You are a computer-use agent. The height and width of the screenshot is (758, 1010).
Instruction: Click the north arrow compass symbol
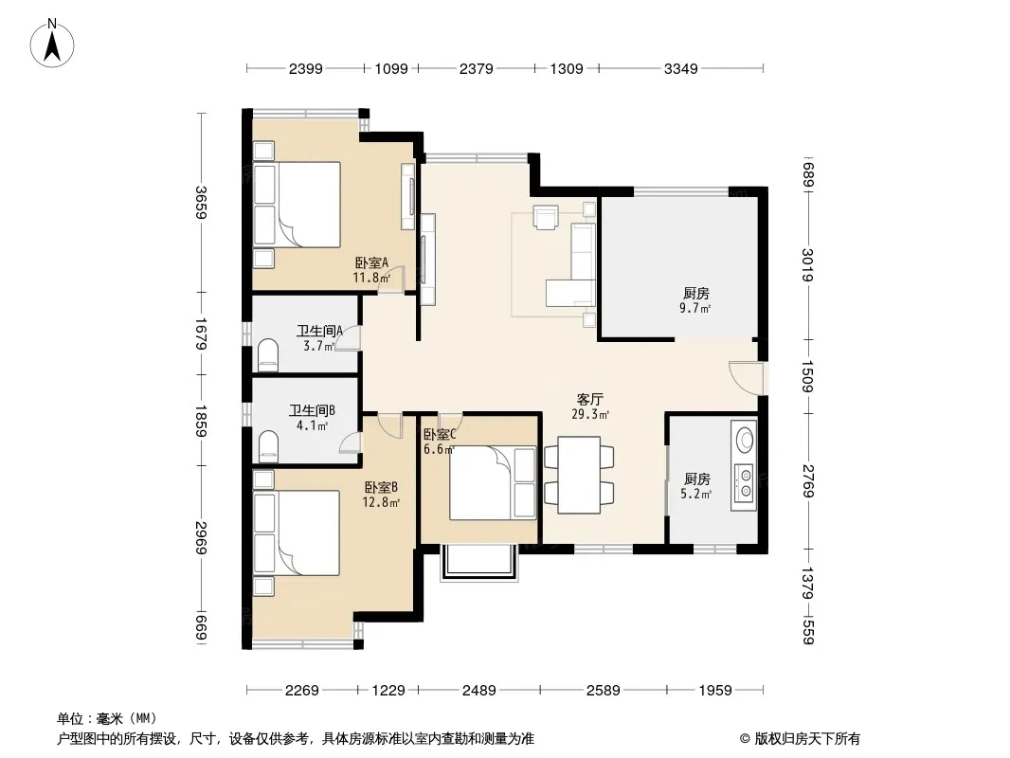click(52, 44)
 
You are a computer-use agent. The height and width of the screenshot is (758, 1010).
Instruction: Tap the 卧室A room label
click(371, 262)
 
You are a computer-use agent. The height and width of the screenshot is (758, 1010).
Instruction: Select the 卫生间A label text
click(319, 331)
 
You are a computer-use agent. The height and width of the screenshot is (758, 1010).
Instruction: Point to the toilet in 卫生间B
click(268, 446)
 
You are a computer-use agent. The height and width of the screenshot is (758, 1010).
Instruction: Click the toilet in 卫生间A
click(268, 355)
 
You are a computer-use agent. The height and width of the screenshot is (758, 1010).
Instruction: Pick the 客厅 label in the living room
click(589, 399)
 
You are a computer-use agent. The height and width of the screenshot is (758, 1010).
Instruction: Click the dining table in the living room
click(579, 475)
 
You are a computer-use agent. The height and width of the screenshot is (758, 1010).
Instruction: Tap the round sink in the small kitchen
click(746, 440)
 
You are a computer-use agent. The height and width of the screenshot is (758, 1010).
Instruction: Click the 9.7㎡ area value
click(695, 309)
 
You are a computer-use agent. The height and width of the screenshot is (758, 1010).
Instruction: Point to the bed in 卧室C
click(493, 482)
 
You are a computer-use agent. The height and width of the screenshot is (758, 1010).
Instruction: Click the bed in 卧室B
click(297, 532)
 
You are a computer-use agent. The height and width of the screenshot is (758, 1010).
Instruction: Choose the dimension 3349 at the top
click(681, 68)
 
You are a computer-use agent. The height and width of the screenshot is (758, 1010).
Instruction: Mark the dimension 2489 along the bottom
click(479, 691)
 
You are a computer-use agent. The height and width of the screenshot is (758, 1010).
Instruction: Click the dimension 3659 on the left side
click(201, 202)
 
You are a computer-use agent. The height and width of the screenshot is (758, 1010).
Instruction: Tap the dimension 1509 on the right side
click(808, 376)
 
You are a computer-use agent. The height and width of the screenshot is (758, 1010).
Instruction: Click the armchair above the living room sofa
click(546, 217)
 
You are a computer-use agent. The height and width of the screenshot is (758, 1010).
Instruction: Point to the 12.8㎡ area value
click(381, 502)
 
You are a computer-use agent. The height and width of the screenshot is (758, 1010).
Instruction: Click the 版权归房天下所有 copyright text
click(807, 739)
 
